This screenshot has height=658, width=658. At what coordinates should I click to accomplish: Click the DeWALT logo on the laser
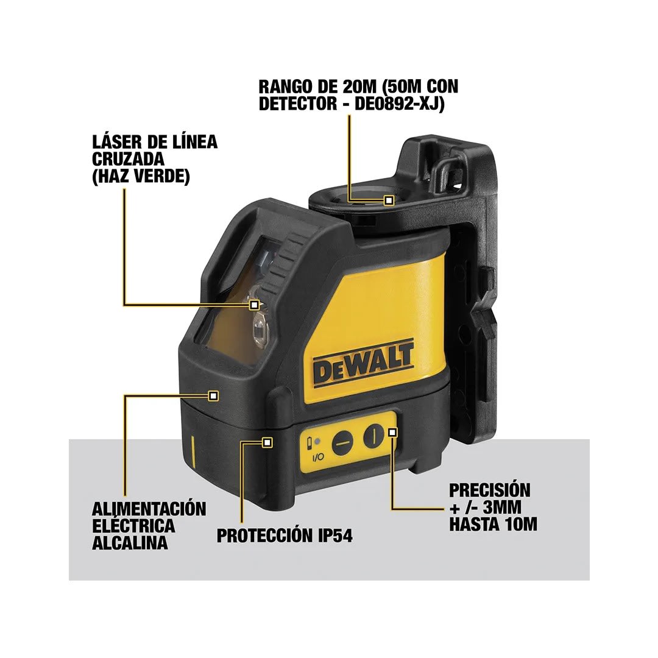pos(364,364)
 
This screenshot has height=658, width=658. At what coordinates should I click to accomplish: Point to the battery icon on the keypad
pos(311,442)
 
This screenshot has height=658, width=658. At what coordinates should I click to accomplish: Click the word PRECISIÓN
pos(489,490)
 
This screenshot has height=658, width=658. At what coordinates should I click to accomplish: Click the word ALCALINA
pos(129,543)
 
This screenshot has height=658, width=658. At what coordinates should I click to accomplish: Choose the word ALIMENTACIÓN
pos(149,509)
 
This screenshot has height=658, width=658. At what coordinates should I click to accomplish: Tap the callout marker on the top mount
pos(389,200)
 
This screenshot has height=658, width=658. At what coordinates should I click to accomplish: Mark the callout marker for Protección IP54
pos(267,442)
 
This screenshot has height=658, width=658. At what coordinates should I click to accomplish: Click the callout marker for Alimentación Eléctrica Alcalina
pos(213,395)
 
